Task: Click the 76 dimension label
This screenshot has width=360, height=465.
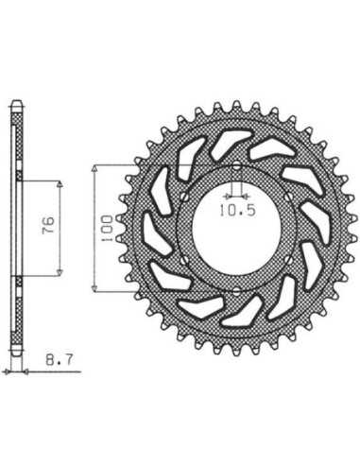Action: [48, 225]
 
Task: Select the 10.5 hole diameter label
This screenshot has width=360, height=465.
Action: [237, 211]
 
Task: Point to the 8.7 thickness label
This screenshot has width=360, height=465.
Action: [60, 359]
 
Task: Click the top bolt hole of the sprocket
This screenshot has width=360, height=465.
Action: [236, 165]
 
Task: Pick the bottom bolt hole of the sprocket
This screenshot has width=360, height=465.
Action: [236, 291]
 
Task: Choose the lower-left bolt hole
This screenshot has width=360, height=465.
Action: [184, 260]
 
